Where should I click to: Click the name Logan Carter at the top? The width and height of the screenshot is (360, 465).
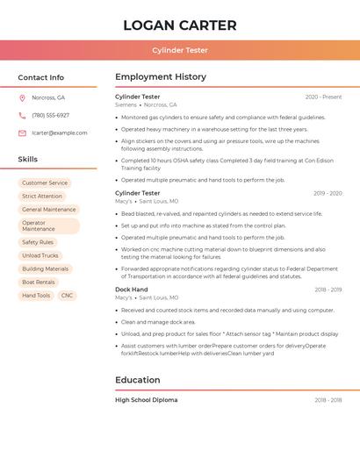180,25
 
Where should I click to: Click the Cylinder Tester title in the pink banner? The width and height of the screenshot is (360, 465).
180,50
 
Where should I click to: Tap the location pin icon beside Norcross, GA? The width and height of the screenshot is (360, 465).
22,97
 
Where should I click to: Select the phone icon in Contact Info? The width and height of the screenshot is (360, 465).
22,115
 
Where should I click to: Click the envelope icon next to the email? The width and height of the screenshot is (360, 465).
22,132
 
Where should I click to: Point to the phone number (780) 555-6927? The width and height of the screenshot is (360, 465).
50,115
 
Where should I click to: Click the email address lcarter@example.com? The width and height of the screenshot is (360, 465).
60,132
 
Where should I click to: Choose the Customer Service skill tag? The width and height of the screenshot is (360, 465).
45,182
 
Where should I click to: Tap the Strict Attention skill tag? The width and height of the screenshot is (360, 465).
42,196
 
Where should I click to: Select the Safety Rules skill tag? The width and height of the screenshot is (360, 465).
38,242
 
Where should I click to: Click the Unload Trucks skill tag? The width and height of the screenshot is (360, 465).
40,255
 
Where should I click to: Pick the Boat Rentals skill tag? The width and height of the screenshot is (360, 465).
39,283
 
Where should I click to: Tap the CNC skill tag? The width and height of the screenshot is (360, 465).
67,296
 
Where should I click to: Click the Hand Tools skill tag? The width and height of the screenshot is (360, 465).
36,296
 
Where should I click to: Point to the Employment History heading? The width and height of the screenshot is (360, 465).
161,76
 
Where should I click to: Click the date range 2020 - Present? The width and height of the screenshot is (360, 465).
323,97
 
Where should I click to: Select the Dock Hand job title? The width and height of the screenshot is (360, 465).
132,290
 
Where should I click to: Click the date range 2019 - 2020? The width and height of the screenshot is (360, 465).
328,193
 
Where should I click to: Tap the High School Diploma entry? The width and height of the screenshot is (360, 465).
146,400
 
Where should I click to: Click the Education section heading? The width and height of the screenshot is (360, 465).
138,380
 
